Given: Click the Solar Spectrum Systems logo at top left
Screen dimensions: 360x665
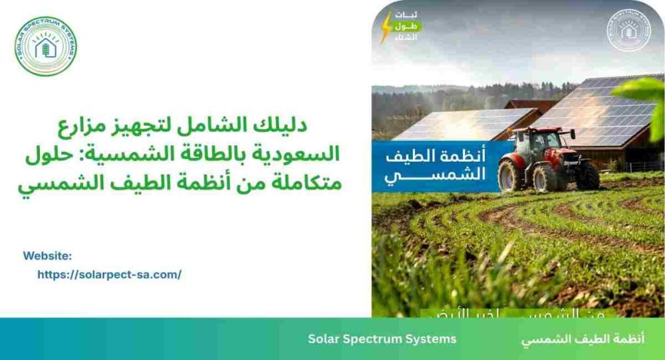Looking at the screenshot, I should coord(46,45).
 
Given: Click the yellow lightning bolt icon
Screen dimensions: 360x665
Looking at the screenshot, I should coord(386,29).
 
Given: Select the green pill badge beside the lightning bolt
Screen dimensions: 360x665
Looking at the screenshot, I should coord(407,26).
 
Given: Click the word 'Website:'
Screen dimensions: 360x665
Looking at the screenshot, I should coord(47,256).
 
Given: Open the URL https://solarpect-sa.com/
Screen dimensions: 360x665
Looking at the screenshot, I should coord(109,274).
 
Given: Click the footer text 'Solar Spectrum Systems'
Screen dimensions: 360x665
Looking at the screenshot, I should coord(382,339).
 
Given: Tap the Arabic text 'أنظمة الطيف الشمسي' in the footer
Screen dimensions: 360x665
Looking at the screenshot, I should coord(582,339).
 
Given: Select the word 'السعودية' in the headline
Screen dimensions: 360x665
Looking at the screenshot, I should coord(302,153).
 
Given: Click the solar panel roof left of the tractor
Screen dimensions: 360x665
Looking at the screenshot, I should coord(459,124).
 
